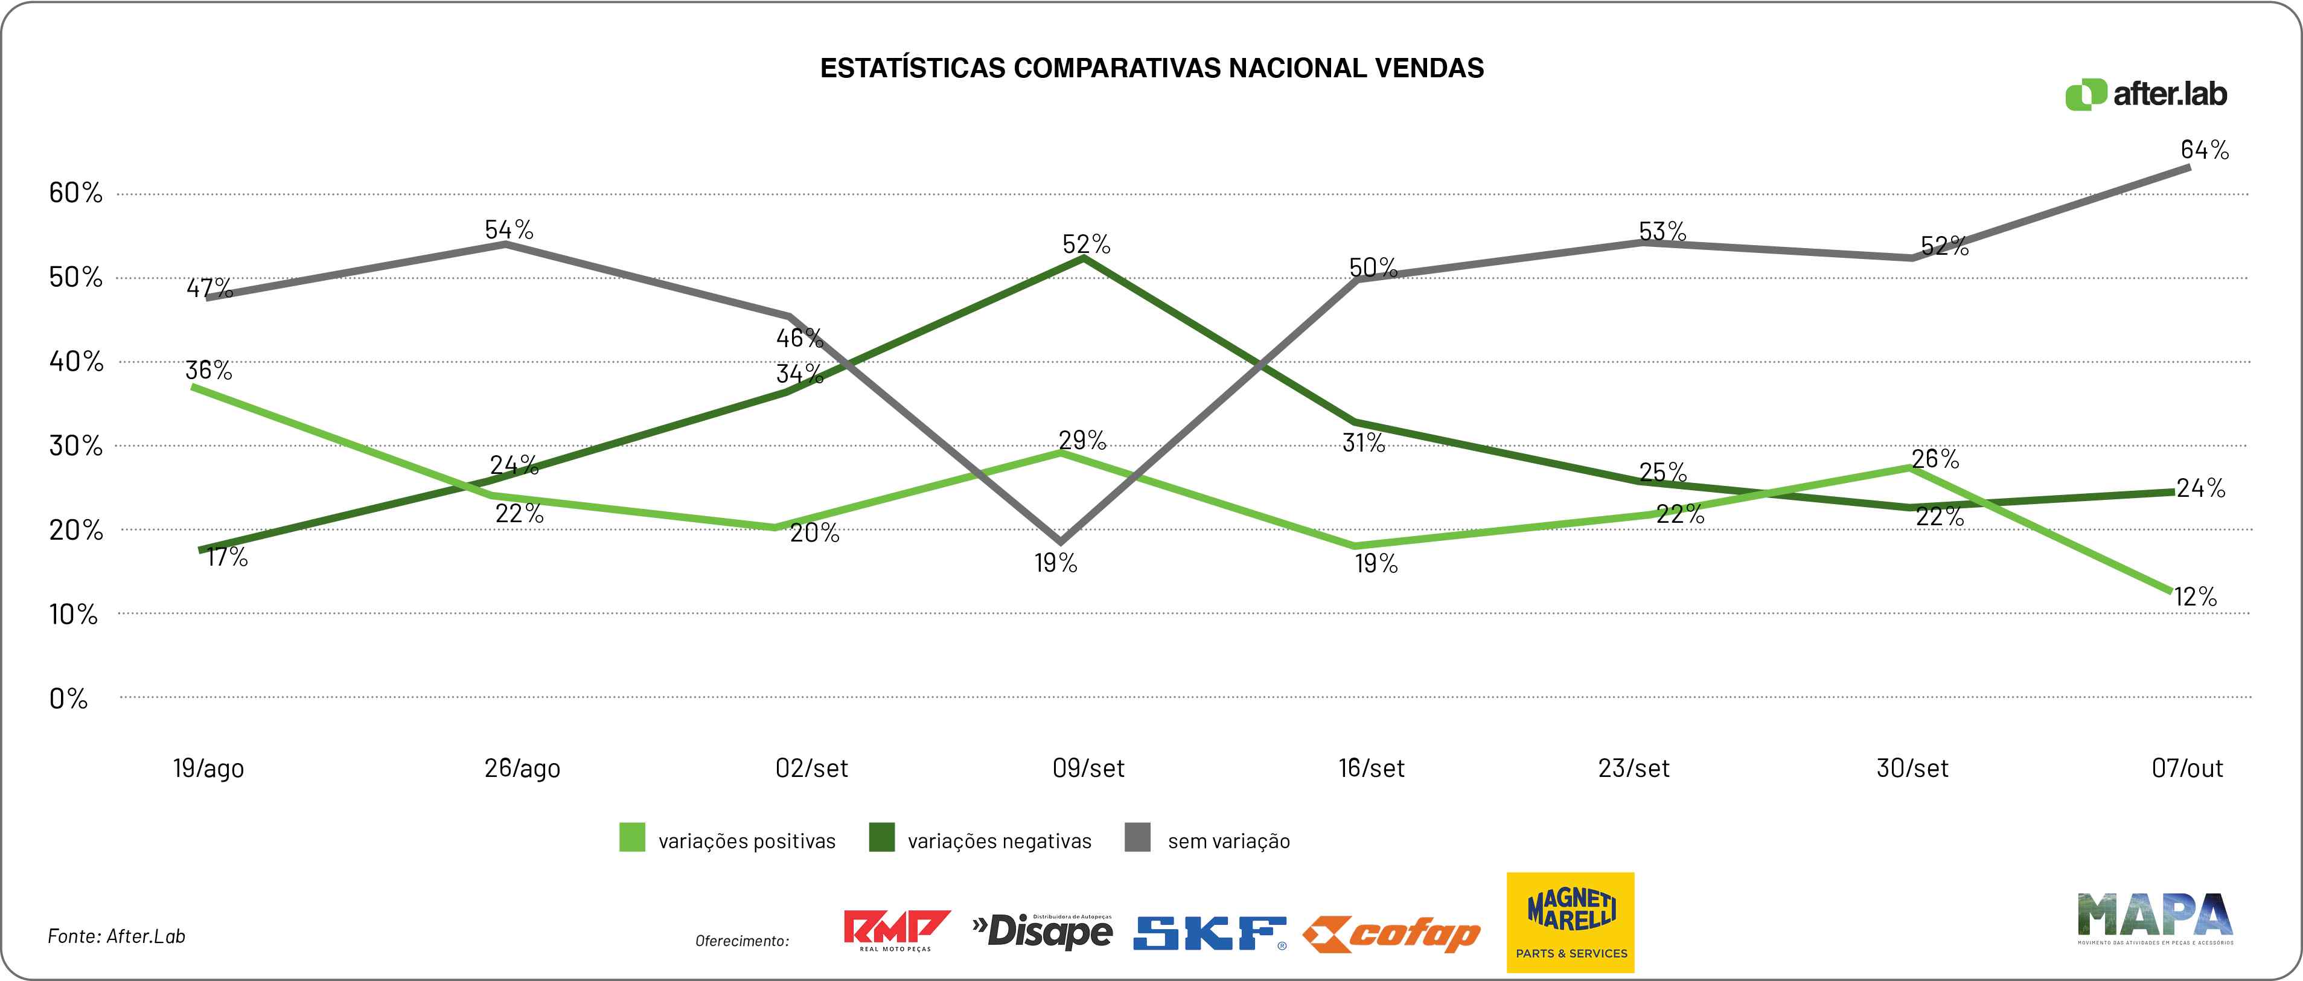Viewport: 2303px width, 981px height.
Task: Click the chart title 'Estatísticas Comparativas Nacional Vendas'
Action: [1152, 68]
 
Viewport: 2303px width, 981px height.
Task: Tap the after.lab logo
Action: [2145, 94]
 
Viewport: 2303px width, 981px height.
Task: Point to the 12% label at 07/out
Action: [2195, 596]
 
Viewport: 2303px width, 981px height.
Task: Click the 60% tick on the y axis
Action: [75, 192]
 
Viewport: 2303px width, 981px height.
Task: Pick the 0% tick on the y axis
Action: [68, 698]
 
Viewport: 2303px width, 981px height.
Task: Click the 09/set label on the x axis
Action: [1088, 768]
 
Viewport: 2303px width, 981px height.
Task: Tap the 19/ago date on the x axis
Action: [208, 768]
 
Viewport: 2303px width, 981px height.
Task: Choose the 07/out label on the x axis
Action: [2186, 768]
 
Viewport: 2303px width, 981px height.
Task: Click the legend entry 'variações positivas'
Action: [728, 840]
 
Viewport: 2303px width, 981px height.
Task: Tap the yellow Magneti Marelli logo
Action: [1571, 922]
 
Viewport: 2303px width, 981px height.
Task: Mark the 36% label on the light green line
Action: [208, 370]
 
